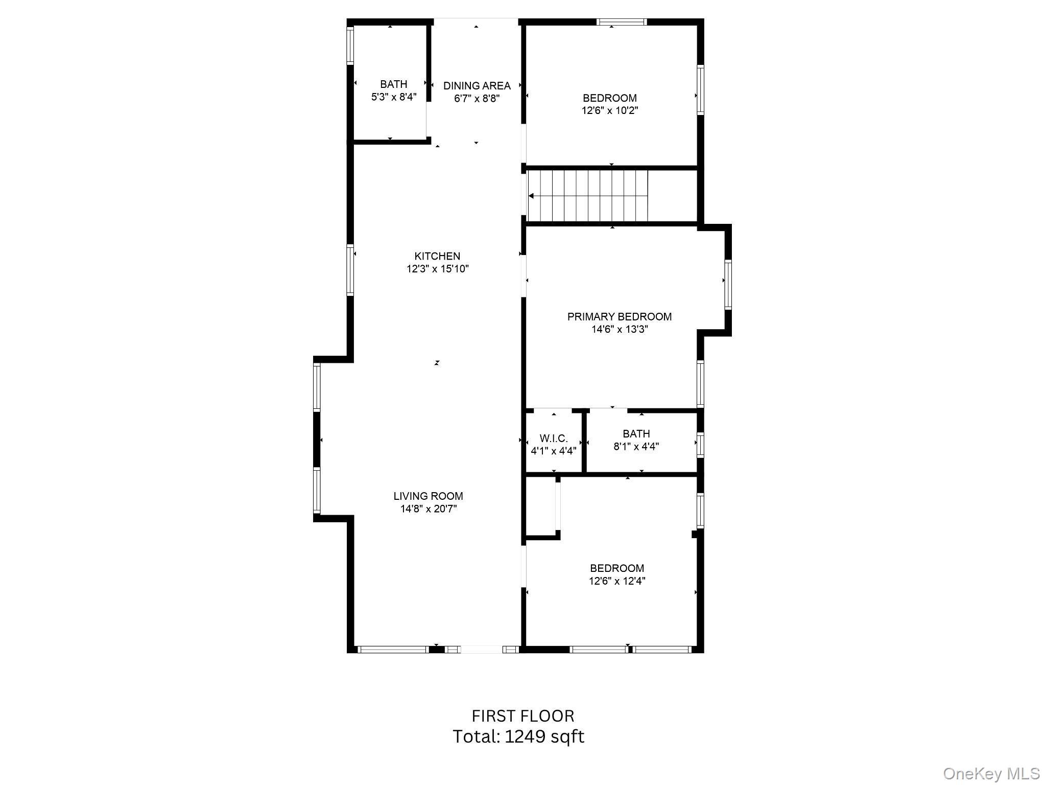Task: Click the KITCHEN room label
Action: [x=437, y=256]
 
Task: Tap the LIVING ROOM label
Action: [x=428, y=496]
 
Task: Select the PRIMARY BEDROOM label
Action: [x=620, y=316]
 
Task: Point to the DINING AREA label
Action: [x=477, y=86]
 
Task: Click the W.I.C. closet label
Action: [x=554, y=438]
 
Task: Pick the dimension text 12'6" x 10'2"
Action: [x=610, y=110]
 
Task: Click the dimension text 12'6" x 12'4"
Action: [x=617, y=581]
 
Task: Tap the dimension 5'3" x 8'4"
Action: [x=394, y=97]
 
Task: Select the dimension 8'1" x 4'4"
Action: [x=636, y=446]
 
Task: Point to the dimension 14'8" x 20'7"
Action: [x=429, y=509]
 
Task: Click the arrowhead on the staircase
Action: [x=531, y=196]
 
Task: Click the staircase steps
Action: [x=587, y=196]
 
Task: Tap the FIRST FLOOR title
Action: [x=523, y=715]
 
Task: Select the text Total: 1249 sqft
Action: [x=518, y=736]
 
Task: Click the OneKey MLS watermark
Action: [x=991, y=773]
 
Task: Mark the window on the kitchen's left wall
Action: [x=350, y=270]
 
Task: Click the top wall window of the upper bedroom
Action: [x=622, y=22]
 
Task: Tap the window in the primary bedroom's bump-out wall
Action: [x=728, y=285]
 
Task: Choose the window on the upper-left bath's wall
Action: [x=350, y=45]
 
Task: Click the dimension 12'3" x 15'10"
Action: [x=438, y=269]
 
